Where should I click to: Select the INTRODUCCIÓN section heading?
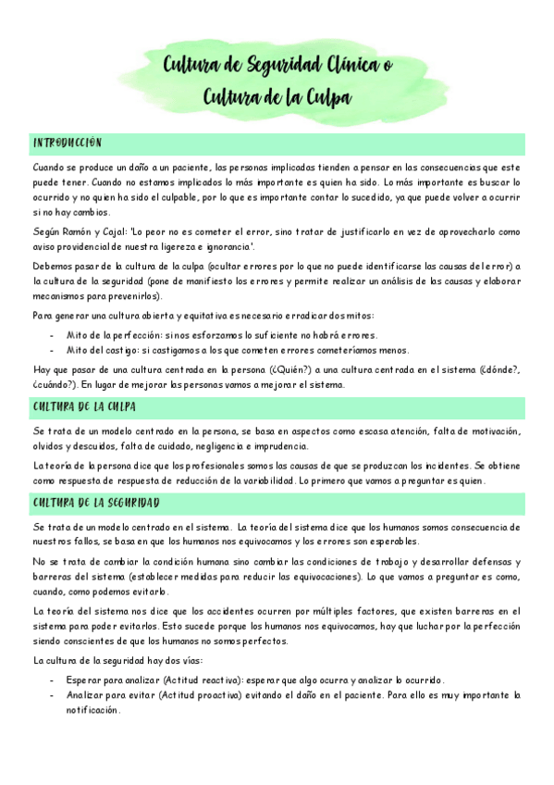pyautogui.click(x=67, y=143)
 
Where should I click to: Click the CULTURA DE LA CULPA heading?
pyautogui.click(x=85, y=407)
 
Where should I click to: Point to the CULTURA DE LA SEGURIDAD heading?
pyautogui.click(x=96, y=503)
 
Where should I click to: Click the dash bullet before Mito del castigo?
pyautogui.click(x=53, y=350)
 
